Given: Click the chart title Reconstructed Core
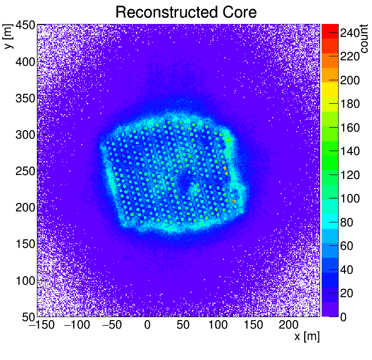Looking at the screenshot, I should pyautogui.click(x=186, y=12).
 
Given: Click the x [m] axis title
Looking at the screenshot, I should pyautogui.click(x=307, y=337).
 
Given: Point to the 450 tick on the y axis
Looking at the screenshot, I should pyautogui.click(x=24, y=25).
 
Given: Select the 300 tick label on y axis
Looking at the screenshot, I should pyautogui.click(x=24, y=135).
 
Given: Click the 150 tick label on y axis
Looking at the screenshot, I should pyautogui.click(x=24, y=244).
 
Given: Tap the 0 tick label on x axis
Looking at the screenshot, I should pyautogui.click(x=147, y=325).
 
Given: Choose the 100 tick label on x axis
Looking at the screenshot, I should pyautogui.click(x=217, y=325).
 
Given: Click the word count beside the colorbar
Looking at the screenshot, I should pyautogui.click(x=364, y=40).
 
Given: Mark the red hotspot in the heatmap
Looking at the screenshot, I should pyautogui.click(x=233, y=201).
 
